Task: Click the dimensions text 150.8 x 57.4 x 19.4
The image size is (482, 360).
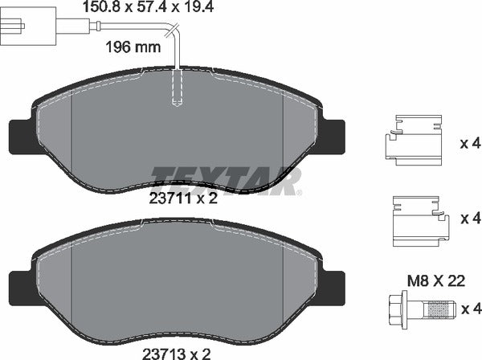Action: [x=150, y=9]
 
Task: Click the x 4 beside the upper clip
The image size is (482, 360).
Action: [x=470, y=145]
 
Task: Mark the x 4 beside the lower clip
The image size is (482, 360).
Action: [x=470, y=217]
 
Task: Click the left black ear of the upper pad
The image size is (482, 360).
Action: [x=19, y=136]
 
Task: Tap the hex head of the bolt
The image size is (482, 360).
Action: [x=400, y=306]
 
